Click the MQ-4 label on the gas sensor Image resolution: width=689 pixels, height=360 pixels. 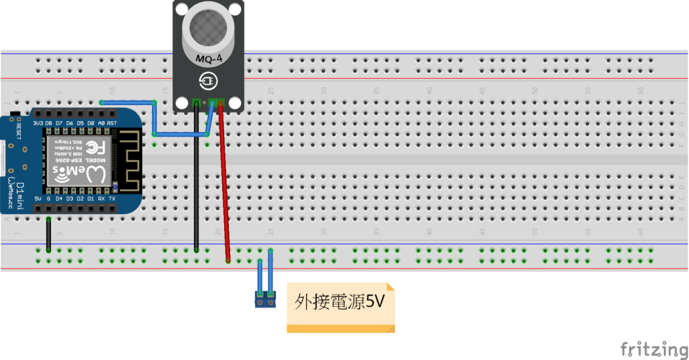[209, 59]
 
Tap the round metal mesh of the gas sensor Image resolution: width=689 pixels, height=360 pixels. [209, 27]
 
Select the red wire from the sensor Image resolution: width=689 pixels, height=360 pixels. [224, 182]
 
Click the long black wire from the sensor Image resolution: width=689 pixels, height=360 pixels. [196, 182]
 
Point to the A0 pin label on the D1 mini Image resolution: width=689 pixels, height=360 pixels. [101, 123]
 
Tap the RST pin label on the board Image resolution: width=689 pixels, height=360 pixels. [112, 123]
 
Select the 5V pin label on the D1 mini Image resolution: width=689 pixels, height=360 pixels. [38, 199]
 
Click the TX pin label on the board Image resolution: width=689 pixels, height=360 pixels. [112, 199]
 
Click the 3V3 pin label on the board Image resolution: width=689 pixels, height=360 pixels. [38, 123]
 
